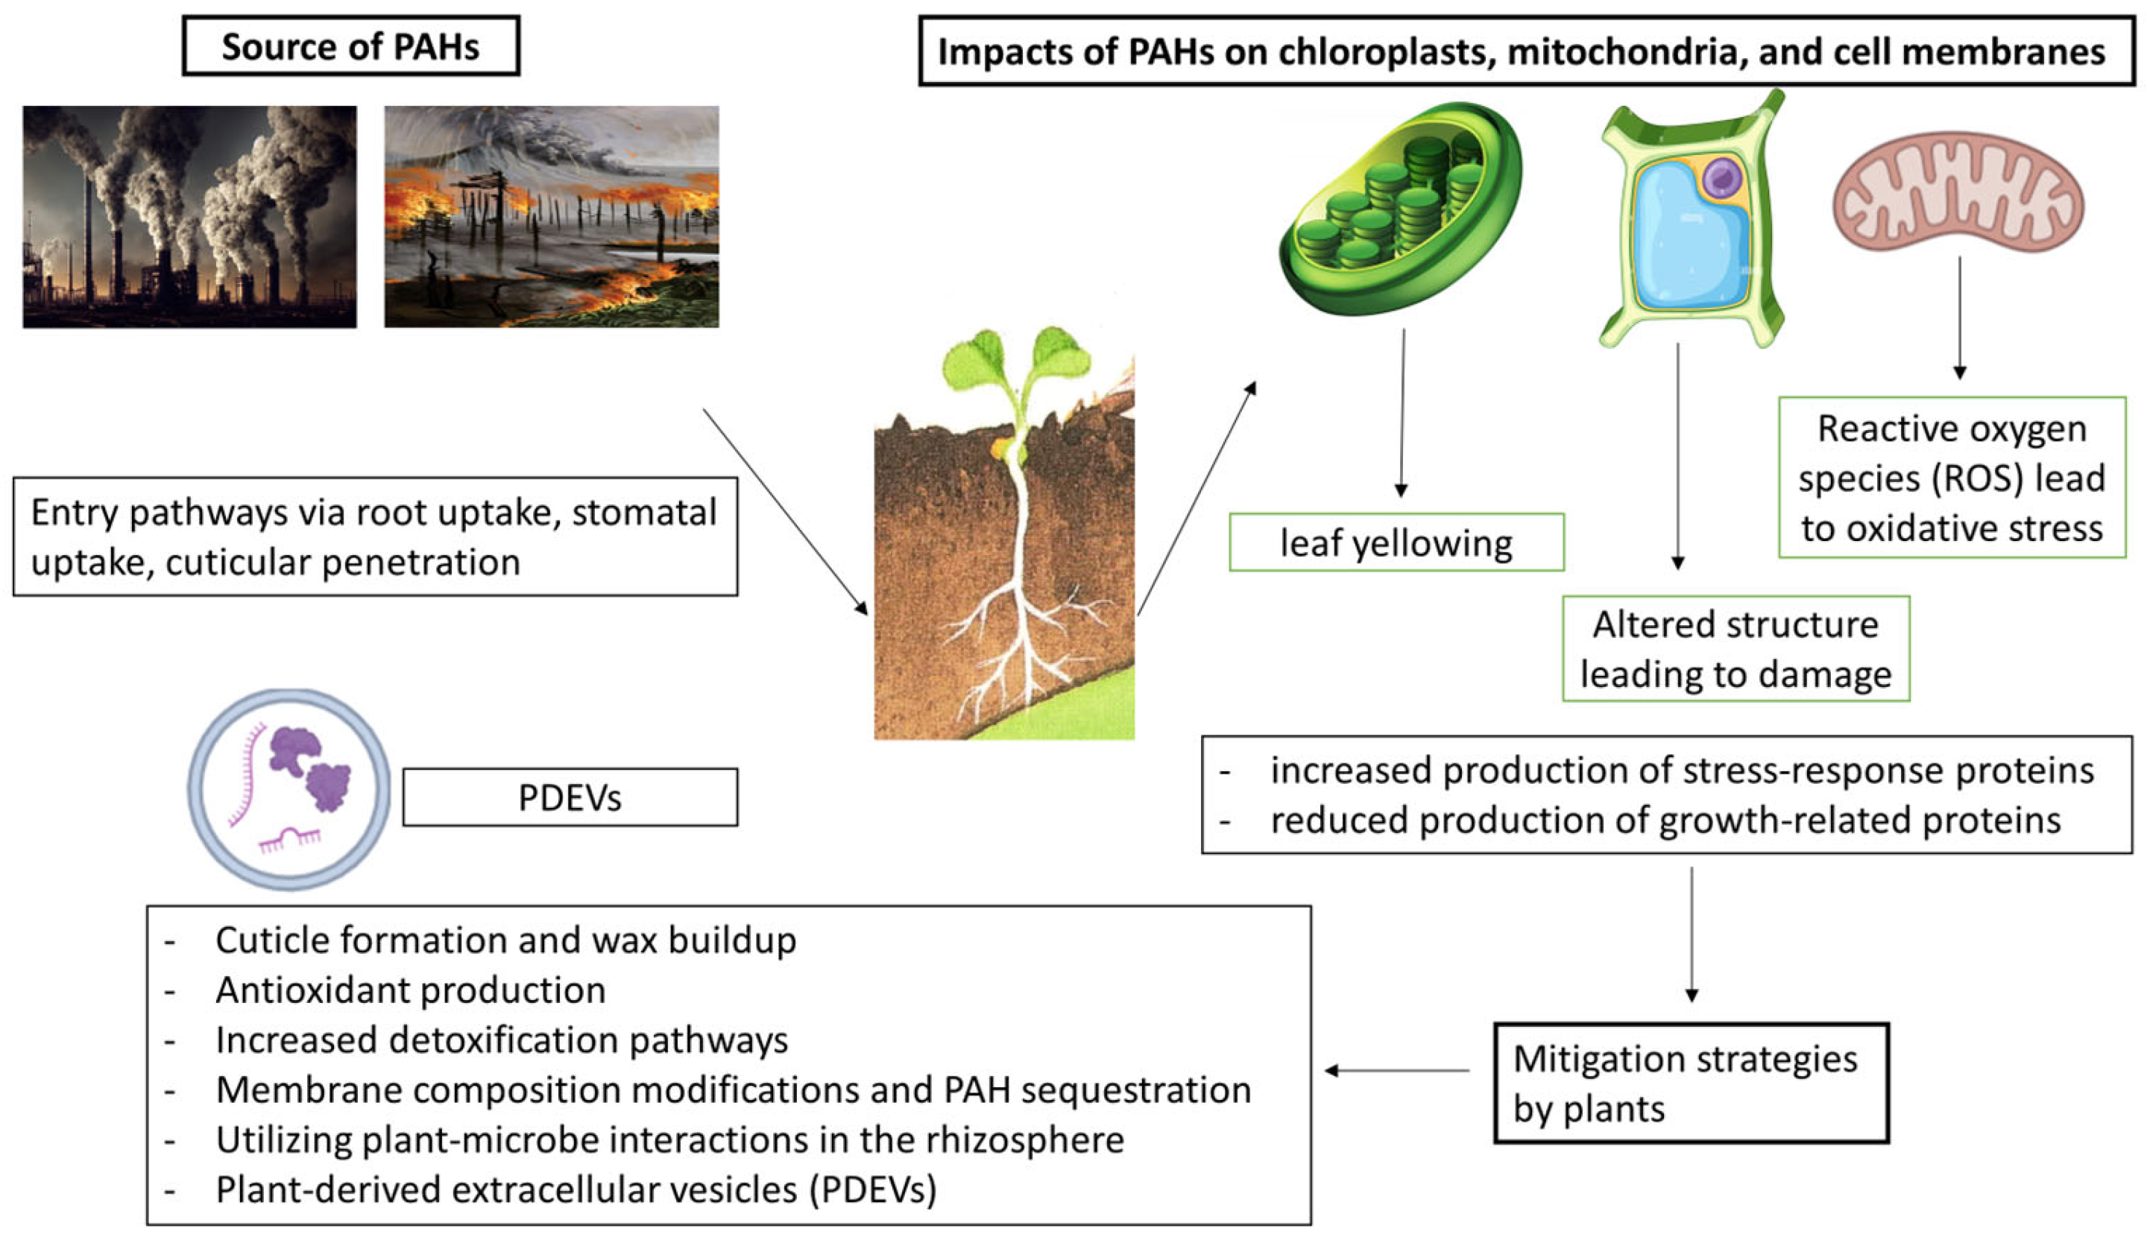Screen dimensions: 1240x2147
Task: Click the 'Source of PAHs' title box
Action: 350,46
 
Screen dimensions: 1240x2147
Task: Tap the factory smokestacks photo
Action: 189,216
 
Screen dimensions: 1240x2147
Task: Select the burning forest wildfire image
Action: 551,216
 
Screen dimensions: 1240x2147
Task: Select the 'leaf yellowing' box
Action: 1396,542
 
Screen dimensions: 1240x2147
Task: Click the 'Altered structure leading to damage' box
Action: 1735,649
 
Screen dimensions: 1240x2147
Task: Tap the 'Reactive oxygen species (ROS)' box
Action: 1951,478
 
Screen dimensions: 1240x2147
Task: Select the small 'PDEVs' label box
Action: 570,797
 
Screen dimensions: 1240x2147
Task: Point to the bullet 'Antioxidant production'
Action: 410,990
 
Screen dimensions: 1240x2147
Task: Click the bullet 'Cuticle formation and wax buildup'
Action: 505,940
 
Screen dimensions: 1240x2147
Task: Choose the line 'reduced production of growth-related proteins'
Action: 1665,821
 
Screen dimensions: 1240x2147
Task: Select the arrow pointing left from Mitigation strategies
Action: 1397,1071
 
